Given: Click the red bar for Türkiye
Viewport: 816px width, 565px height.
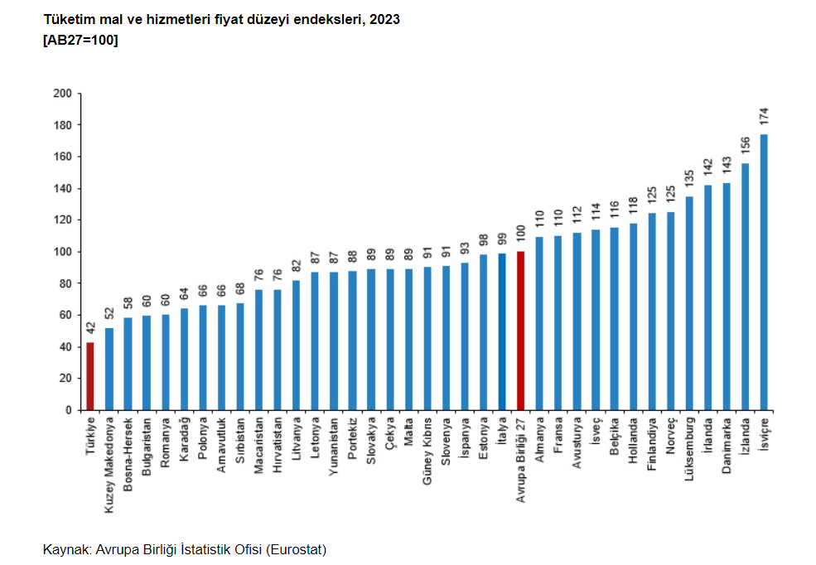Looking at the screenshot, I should pos(90,376).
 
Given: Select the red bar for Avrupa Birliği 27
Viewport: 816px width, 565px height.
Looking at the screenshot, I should pos(520,331).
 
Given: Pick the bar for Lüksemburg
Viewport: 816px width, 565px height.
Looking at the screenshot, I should pos(689,303).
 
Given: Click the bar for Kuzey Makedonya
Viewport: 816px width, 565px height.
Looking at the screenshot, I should pos(109,369).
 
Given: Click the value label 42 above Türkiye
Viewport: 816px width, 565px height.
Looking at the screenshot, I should pos(90,329).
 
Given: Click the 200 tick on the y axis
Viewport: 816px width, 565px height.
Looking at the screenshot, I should pos(62,94).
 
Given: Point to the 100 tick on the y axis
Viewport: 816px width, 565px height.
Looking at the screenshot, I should pos(62,252).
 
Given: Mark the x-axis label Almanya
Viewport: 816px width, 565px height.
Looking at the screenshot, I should pos(539,440).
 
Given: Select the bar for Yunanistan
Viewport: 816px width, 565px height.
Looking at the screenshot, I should pos(334,340).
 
